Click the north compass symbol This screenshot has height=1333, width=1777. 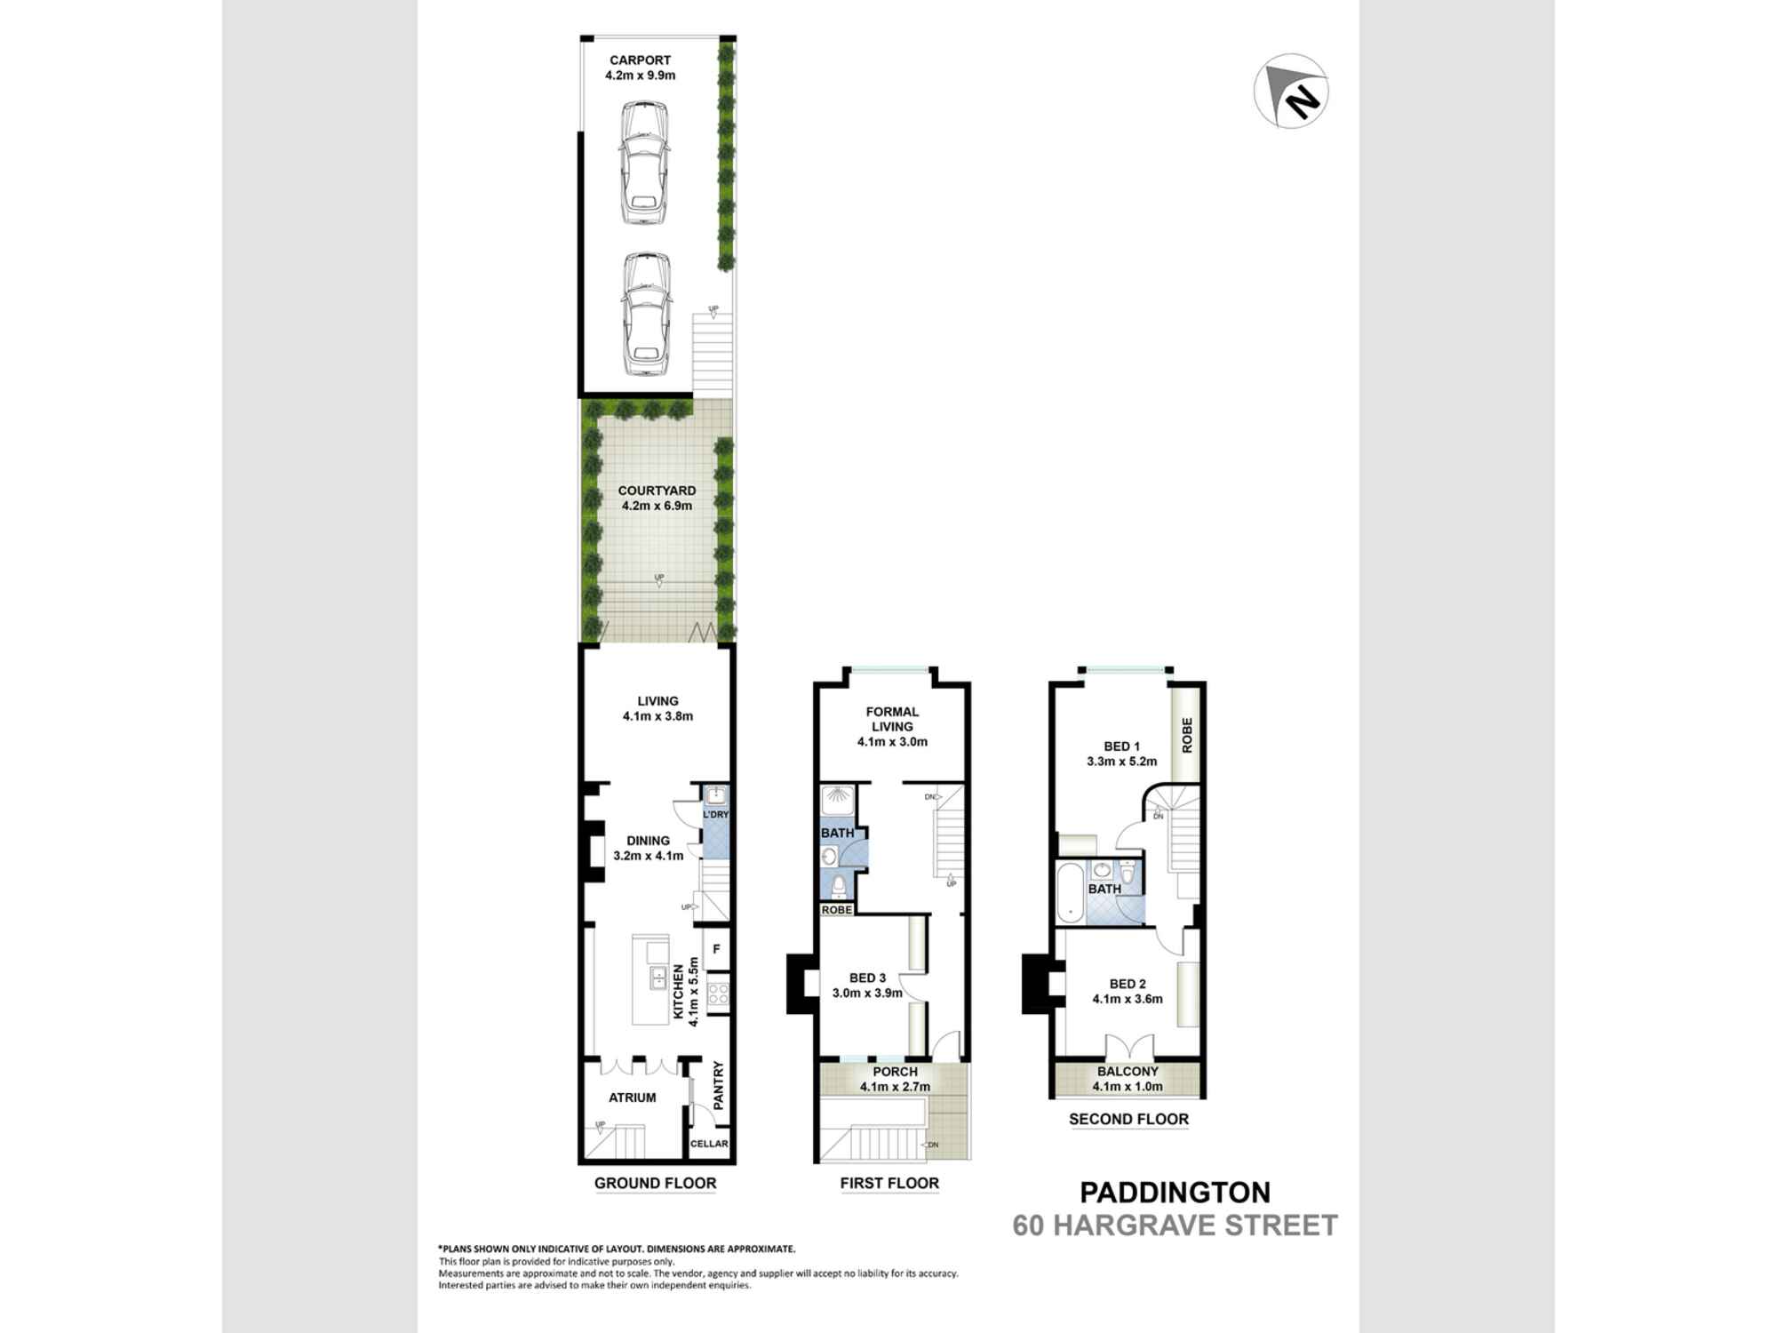coord(1291,92)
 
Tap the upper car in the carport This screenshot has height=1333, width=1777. coord(644,163)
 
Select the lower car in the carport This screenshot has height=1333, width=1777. coord(646,315)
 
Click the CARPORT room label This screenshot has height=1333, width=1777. coord(640,60)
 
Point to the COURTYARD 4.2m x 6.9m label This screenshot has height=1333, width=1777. coord(657,498)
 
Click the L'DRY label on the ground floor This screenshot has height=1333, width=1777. coord(715,814)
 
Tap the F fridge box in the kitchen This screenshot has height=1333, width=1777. coord(716,949)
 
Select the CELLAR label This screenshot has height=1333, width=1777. coord(709,1144)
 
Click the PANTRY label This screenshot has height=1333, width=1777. coord(719,1083)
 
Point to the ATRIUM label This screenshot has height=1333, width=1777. coord(633,1098)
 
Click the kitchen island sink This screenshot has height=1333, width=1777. coord(657,978)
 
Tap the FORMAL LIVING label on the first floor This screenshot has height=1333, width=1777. coord(892,719)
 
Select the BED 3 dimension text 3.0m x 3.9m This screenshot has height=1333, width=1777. coord(867,994)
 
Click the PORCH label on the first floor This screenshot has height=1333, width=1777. coord(895,1072)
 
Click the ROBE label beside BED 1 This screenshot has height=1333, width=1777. coord(1186,735)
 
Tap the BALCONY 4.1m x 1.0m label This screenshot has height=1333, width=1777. coord(1128,1079)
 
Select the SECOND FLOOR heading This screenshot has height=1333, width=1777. coord(1128,1120)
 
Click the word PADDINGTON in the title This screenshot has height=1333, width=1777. coord(1175,1193)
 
